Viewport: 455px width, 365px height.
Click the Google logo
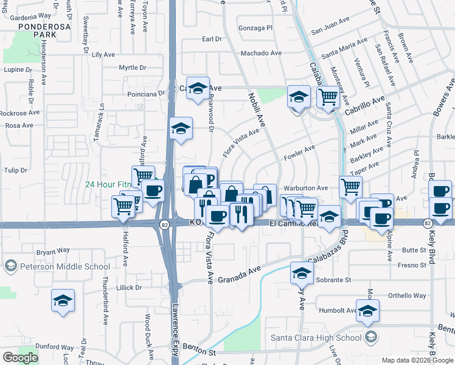click(20, 357)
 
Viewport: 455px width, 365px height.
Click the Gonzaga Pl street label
click(255, 28)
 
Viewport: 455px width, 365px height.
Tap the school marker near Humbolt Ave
click(367, 312)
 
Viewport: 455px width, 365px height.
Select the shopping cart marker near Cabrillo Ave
click(328, 96)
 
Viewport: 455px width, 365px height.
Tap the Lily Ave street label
click(103, 54)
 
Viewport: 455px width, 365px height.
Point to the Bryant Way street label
click(54, 251)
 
